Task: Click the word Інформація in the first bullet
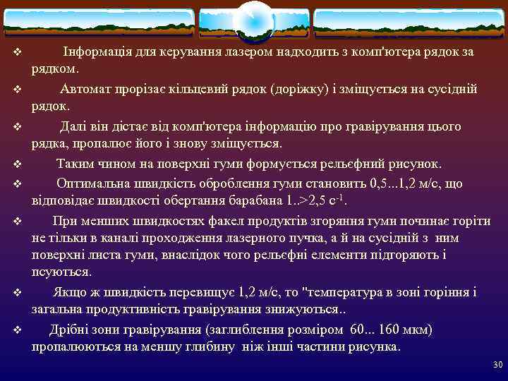click(94, 52)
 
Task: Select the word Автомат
click(87, 89)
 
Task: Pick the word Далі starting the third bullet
click(74, 126)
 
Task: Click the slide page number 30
click(497, 364)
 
